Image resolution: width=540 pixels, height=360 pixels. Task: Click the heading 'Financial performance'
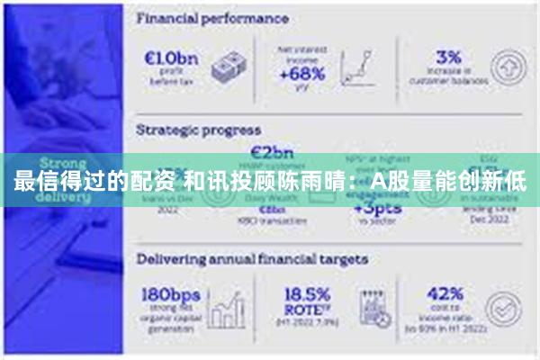click(212, 18)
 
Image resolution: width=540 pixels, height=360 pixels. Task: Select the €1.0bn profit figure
click(173, 58)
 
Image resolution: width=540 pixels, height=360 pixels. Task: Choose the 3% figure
click(448, 56)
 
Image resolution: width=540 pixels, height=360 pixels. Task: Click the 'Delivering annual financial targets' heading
click(251, 259)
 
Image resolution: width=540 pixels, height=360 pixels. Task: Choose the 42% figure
click(445, 293)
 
